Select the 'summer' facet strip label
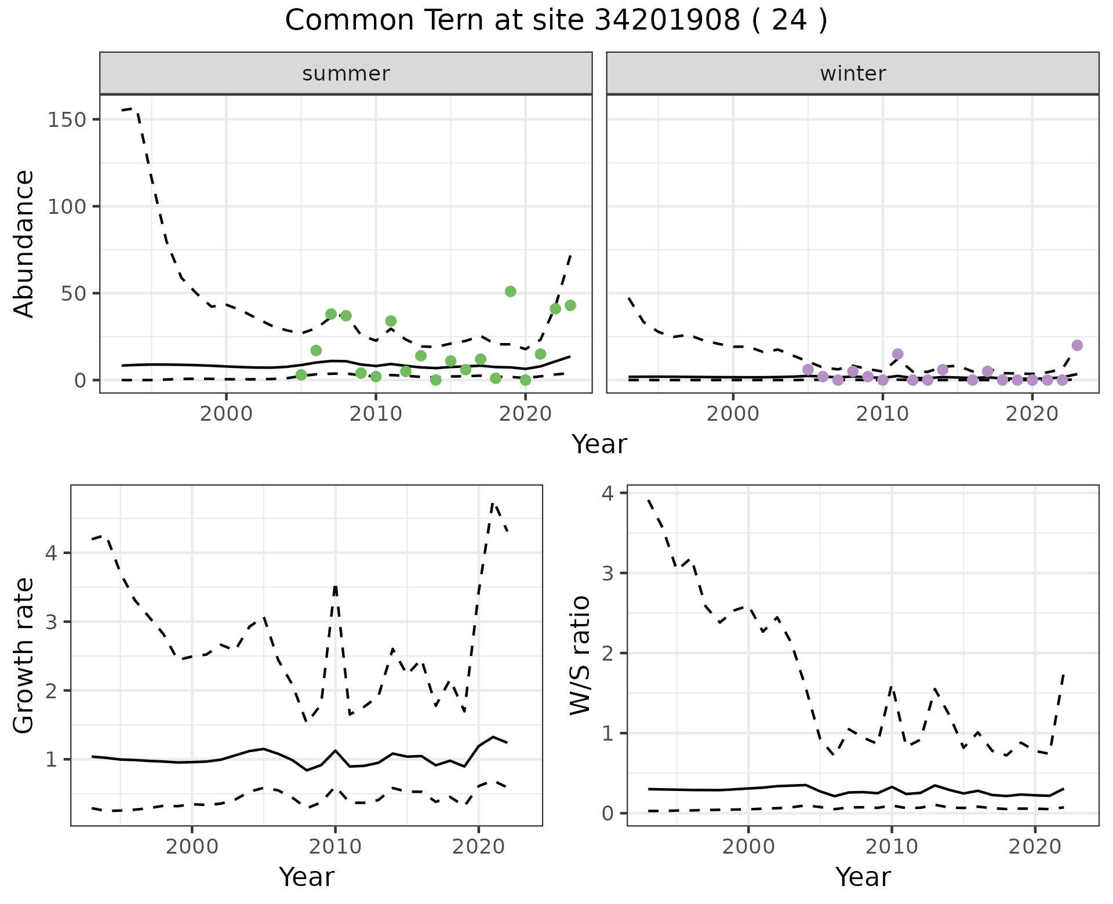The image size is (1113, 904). [x=346, y=74]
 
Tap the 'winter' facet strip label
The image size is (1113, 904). [x=853, y=74]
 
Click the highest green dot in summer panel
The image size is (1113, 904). [x=510, y=291]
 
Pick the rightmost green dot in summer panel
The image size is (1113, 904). [x=570, y=305]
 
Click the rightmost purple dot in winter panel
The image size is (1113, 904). [x=1077, y=345]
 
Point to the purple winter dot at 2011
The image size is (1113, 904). [x=897, y=354]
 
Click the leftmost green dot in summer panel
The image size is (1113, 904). [x=301, y=375]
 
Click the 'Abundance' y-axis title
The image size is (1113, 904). [x=24, y=244]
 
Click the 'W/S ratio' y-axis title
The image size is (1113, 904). [x=580, y=655]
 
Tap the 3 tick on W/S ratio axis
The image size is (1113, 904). [x=608, y=573]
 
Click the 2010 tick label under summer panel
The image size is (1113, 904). [x=376, y=414]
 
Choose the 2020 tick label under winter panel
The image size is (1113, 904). [x=1032, y=414]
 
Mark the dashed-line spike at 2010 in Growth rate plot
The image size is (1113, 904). [x=335, y=586]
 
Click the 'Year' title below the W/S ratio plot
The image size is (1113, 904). [x=863, y=877]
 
